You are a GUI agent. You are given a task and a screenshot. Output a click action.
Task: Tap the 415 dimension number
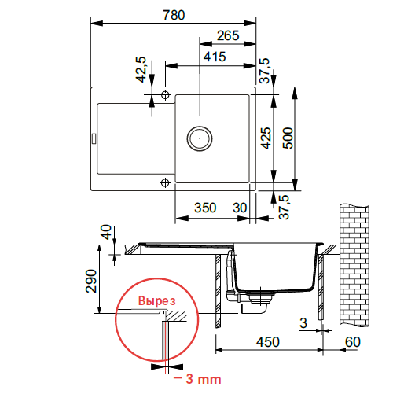(213, 57)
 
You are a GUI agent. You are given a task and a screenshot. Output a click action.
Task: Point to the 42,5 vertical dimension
(142, 70)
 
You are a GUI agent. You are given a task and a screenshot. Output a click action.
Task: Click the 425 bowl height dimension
(266, 139)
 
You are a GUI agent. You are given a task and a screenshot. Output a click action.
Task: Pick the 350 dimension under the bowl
(205, 208)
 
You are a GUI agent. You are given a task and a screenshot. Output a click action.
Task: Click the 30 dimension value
(241, 208)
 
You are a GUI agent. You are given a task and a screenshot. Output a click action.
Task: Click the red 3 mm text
(196, 379)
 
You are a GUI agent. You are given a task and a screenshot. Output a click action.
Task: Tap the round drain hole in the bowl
(199, 138)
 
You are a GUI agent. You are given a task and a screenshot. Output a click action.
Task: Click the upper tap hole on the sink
(165, 95)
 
